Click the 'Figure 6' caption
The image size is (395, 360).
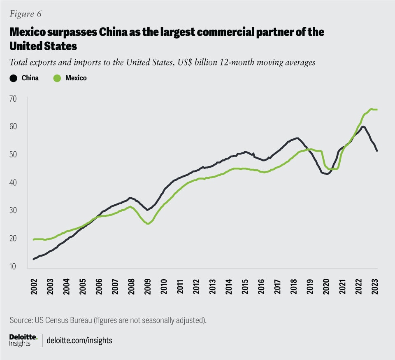pyautogui.click(x=25, y=14)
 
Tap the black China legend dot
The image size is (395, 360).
pyautogui.click(x=13, y=78)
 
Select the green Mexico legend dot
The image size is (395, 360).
pyautogui.click(x=57, y=78)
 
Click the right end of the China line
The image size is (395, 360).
pyautogui.click(x=377, y=151)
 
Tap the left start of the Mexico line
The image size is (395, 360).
pyautogui.click(x=33, y=239)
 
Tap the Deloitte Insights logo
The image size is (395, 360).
pyautogui.click(x=23, y=340)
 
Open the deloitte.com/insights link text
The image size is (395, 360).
pyautogui.click(x=80, y=341)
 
